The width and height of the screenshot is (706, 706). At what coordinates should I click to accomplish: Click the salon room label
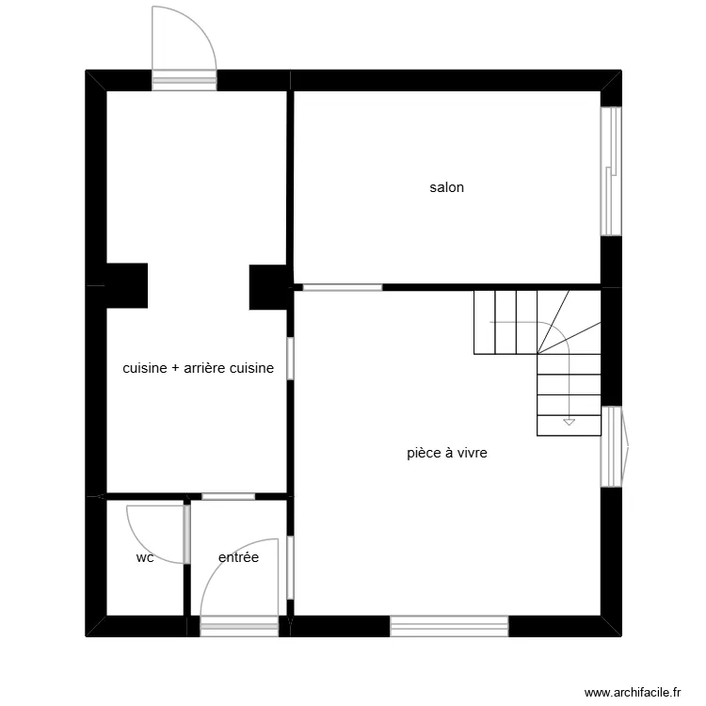point(446,187)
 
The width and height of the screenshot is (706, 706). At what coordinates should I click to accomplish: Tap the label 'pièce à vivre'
point(446,453)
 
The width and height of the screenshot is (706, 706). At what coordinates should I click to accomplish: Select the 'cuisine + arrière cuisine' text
point(198,368)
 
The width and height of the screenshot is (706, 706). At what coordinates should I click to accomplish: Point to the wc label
point(145,557)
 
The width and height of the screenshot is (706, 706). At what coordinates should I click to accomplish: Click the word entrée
point(238,557)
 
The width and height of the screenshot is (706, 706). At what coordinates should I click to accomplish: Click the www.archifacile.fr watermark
point(632,692)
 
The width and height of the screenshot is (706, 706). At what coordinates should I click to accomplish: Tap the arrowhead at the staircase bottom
point(569,421)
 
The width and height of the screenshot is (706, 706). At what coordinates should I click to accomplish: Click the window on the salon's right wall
point(611,170)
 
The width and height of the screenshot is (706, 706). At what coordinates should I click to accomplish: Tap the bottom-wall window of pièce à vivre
point(449,625)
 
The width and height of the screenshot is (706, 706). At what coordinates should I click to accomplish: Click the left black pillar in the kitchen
point(126,285)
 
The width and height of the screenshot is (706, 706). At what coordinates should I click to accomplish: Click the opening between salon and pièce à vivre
point(342,287)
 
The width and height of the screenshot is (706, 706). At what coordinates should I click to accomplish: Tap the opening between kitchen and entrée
point(228,496)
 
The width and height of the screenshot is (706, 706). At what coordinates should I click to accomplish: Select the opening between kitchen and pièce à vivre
point(291,358)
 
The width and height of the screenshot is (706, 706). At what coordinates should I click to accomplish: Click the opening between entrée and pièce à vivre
point(291,567)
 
